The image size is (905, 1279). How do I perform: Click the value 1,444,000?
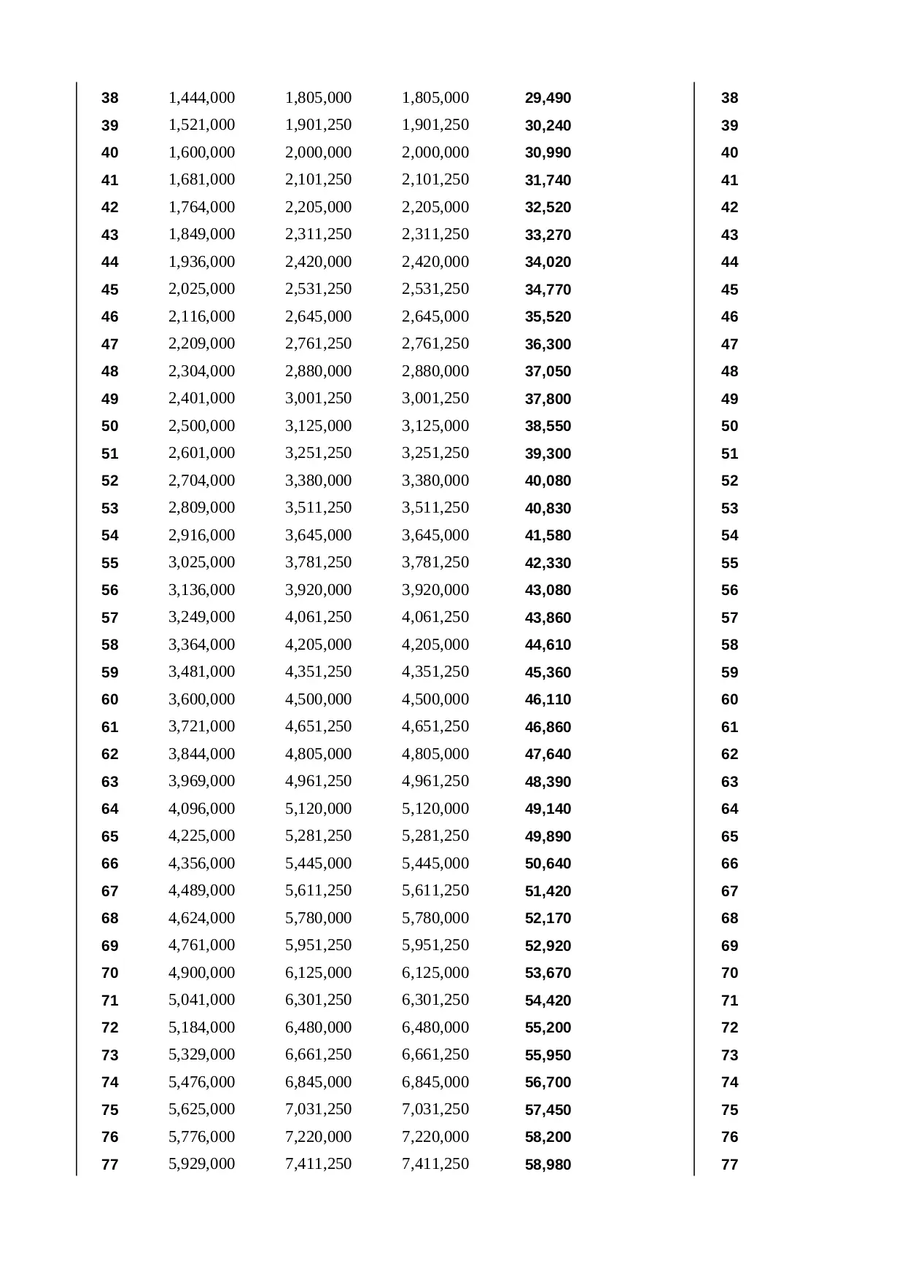201,98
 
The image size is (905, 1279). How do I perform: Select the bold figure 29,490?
548,98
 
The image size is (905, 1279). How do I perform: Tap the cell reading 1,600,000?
201,152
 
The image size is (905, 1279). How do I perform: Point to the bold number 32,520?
548,208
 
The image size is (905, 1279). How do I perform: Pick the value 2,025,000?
201,289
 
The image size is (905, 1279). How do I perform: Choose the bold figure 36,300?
548,344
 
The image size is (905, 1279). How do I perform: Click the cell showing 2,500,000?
201,426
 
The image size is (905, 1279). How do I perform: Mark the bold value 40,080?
548,481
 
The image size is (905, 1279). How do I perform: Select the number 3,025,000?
201,562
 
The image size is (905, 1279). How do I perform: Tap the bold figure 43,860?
548,618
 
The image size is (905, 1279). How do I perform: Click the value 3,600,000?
201,699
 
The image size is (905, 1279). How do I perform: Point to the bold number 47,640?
548,755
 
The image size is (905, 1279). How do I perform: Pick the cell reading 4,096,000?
201,809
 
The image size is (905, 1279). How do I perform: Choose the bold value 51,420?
548,891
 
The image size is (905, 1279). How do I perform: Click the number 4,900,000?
201,973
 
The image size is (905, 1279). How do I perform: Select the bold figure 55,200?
548,1028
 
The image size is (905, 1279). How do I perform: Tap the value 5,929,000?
201,1164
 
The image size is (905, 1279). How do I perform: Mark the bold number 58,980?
548,1165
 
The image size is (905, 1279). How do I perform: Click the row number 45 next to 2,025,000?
109,289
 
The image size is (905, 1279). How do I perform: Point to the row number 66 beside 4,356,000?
109,864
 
